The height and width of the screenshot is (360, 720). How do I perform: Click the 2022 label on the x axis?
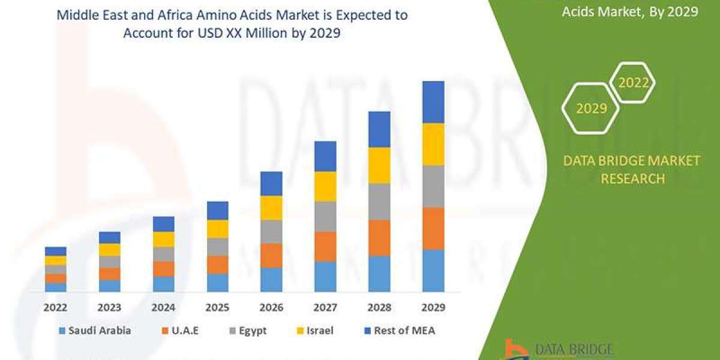(x=55, y=307)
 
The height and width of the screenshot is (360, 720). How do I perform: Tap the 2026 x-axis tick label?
(x=271, y=307)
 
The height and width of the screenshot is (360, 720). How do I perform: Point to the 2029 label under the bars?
(x=433, y=307)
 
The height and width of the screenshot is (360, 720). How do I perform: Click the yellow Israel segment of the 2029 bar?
(x=433, y=144)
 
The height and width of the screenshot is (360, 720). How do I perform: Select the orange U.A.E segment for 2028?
(x=379, y=238)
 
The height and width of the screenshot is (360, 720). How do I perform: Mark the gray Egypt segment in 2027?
(x=325, y=216)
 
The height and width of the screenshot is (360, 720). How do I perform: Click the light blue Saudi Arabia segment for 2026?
(x=271, y=280)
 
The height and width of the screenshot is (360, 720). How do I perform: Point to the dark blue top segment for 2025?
(x=217, y=211)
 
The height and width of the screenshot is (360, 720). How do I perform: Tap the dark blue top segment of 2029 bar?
(x=433, y=102)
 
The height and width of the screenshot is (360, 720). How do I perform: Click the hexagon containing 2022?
(x=633, y=83)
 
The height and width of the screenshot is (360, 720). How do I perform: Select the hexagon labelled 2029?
(x=591, y=109)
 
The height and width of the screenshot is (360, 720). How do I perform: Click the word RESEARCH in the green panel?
(x=632, y=179)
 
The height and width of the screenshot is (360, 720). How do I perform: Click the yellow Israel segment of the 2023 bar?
(x=109, y=250)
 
